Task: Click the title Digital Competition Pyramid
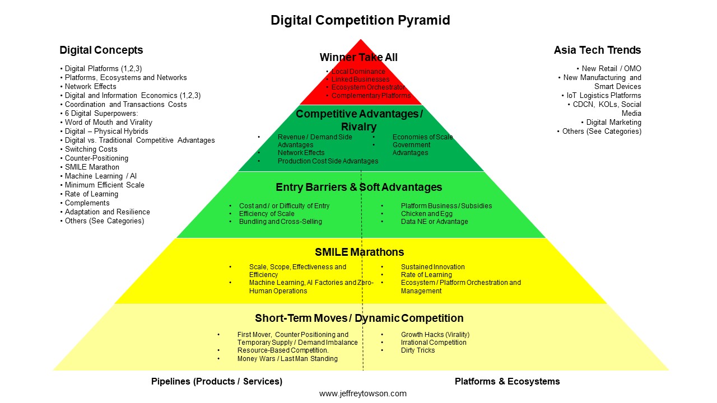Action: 360,20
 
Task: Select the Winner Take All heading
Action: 358,57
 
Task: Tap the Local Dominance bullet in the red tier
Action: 358,71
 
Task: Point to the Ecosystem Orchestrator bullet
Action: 368,87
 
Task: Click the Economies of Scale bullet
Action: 423,137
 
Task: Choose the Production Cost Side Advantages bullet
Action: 328,161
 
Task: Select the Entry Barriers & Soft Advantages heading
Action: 359,187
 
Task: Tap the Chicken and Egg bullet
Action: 427,214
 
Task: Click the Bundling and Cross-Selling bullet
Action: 281,221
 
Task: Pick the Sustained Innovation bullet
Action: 433,267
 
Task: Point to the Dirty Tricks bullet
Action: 418,350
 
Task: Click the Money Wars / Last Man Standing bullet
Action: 287,359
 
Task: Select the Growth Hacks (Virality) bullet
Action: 435,335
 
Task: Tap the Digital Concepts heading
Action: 101,50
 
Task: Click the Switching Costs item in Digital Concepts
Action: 91,149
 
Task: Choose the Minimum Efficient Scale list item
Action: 105,185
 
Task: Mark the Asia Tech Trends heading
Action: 597,50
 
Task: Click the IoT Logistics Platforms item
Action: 604,95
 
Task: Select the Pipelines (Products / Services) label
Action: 217,381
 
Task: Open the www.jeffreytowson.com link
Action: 362,393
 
